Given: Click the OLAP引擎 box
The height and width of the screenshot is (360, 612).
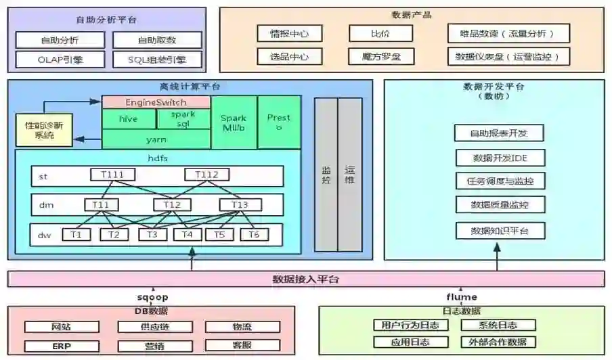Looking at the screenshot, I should pos(60,60).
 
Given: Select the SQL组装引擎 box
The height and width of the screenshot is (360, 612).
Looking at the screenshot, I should pos(157,60).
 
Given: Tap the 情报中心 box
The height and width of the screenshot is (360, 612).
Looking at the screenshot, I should pos(289,33).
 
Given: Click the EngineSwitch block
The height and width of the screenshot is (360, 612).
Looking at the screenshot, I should pos(156,102).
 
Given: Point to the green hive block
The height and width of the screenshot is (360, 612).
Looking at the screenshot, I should pos(128,118).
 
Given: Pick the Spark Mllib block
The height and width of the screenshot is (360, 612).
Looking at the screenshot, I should pos(234,122).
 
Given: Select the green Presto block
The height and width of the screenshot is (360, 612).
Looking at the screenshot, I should pos(279,122).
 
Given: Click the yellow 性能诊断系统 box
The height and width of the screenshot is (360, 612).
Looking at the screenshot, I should pos(44,131).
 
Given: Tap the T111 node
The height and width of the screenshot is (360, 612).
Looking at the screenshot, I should pos(112,175).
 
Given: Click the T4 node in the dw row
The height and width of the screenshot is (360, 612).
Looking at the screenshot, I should pos(188,235).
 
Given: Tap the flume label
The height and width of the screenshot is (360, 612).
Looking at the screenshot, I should pos(462,296).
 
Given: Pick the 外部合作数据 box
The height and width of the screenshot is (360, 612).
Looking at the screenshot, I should pos(498,342).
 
